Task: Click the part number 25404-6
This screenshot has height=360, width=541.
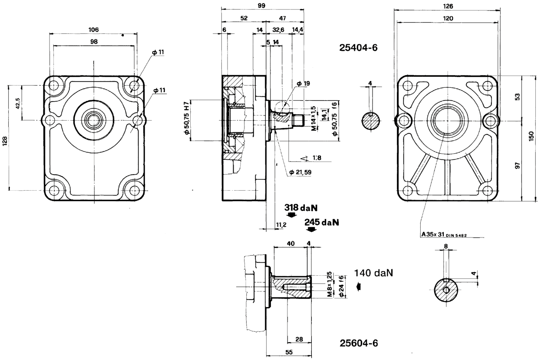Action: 358,48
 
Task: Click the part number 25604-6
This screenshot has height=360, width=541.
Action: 359,343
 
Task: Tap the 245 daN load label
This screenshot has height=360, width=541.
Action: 321,222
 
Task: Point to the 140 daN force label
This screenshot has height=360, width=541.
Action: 373,273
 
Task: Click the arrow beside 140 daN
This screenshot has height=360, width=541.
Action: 358,286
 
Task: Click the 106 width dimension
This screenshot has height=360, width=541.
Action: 93,30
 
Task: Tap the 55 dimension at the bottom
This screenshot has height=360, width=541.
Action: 288,353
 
